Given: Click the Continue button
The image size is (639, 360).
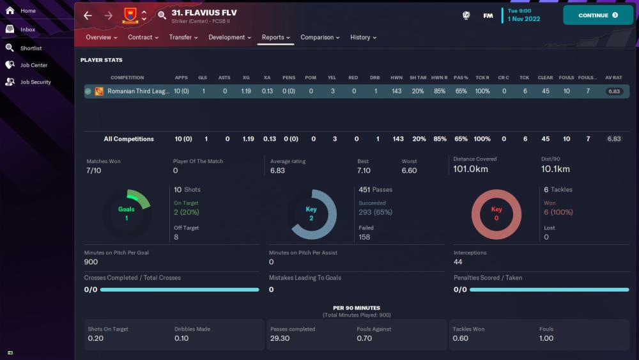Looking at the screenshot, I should [597, 15].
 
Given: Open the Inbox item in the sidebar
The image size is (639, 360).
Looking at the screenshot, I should [27, 29].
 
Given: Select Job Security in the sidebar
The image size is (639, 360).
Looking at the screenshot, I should [35, 82].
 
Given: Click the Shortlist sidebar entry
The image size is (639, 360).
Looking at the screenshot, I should [31, 48].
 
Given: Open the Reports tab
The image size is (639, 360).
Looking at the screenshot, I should [275, 37].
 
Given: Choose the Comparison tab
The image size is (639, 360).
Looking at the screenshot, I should [320, 37].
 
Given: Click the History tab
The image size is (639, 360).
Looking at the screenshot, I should [363, 37].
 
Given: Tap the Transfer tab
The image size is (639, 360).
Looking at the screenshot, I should [183, 37].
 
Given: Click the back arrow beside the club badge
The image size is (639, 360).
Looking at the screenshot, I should [88, 15].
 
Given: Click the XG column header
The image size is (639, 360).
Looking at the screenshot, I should [246, 77].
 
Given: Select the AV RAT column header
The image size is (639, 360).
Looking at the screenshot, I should [613, 77].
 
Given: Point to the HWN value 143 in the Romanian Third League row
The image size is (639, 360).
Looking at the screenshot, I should [397, 91].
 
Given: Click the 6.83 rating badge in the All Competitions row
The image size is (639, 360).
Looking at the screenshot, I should [614, 139].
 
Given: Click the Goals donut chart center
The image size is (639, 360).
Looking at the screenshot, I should [127, 214].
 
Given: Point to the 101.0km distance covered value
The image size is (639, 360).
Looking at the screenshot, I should [470, 169].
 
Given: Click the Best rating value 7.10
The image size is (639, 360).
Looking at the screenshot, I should [364, 171].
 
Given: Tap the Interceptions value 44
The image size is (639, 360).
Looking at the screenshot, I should [458, 262].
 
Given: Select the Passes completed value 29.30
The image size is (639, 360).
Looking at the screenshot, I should [280, 338].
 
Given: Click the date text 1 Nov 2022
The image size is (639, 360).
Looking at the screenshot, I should [524, 19].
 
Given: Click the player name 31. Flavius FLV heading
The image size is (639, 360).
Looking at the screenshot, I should [204, 13].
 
